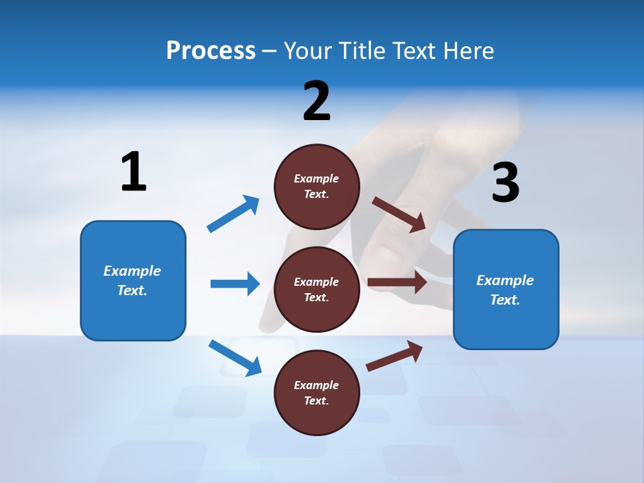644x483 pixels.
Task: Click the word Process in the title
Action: [x=211, y=51]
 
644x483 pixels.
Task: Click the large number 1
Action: [x=133, y=172]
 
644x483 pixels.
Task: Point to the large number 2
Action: [x=317, y=101]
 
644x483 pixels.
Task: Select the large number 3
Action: [x=505, y=183]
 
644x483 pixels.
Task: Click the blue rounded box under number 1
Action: [x=133, y=280]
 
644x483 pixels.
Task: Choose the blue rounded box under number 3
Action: [x=506, y=290]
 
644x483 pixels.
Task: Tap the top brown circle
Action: [x=317, y=186]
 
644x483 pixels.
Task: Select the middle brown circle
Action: [x=317, y=289]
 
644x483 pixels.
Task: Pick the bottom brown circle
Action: [x=317, y=392]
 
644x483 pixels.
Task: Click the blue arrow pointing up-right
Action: [x=233, y=214]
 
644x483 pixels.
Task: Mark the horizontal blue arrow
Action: [x=235, y=284]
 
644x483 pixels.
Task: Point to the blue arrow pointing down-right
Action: [x=235, y=358]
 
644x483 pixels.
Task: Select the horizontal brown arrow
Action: [x=397, y=282]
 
